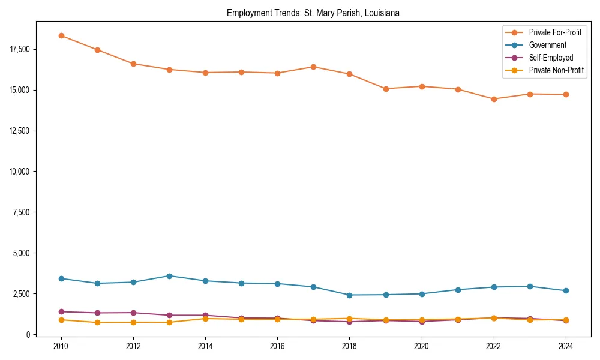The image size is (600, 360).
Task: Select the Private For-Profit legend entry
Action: click(x=555, y=32)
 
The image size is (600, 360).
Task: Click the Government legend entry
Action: click(x=547, y=45)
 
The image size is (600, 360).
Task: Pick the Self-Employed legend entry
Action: click(x=551, y=58)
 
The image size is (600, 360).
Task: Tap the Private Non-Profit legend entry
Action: click(x=556, y=70)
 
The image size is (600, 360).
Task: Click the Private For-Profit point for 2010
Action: click(x=61, y=35)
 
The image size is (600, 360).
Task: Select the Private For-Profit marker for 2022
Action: click(x=493, y=99)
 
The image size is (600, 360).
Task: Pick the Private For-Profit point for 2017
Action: click(x=313, y=67)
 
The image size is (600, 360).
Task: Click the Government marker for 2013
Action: click(x=169, y=276)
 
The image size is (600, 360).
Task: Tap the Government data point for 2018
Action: click(x=349, y=295)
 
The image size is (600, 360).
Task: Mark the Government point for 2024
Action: click(x=565, y=291)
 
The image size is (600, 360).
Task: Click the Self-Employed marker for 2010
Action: click(x=61, y=311)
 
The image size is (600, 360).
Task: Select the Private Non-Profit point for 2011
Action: click(x=97, y=323)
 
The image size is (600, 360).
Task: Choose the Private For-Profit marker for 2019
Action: click(x=385, y=89)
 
